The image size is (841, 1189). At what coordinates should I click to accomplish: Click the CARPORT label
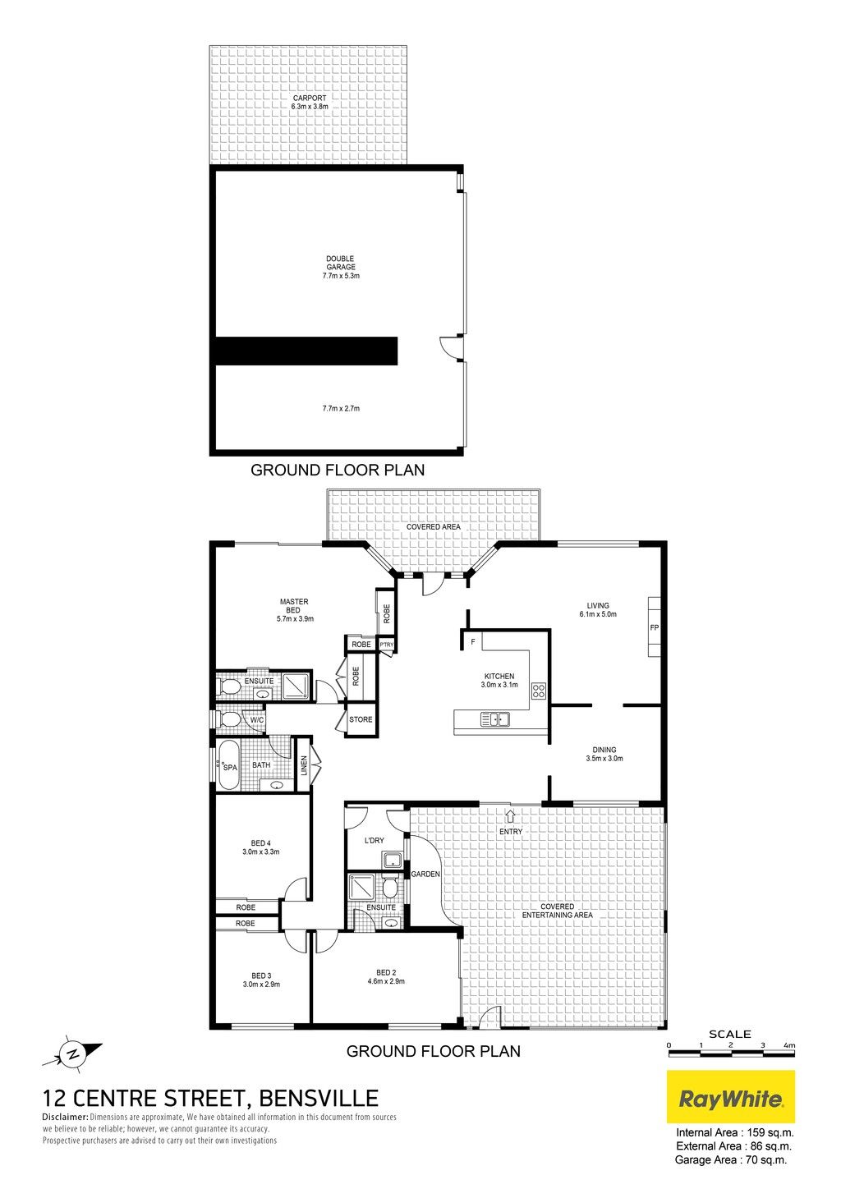[x=310, y=99]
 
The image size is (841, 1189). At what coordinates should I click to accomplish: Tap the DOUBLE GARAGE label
[x=341, y=263]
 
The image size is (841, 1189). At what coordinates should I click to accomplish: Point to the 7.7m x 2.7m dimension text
[x=341, y=409]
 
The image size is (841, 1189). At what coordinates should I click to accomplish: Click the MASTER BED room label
[x=293, y=606]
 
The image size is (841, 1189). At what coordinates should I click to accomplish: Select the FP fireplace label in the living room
[x=654, y=627]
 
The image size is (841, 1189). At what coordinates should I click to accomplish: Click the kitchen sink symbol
[x=495, y=719]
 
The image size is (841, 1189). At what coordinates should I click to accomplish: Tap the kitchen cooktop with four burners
[x=539, y=691]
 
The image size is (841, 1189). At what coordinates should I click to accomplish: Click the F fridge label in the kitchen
[x=473, y=642]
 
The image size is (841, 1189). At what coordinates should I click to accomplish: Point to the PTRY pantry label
[x=387, y=645]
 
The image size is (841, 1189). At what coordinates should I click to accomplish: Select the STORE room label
[x=361, y=719]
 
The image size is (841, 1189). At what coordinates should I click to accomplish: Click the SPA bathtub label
[x=231, y=768]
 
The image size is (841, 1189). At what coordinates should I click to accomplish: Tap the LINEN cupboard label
[x=304, y=765]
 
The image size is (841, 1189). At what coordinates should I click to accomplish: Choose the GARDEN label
[x=425, y=874]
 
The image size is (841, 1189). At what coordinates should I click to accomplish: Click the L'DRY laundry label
[x=375, y=840]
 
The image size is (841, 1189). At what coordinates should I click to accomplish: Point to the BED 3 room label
[x=261, y=976]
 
